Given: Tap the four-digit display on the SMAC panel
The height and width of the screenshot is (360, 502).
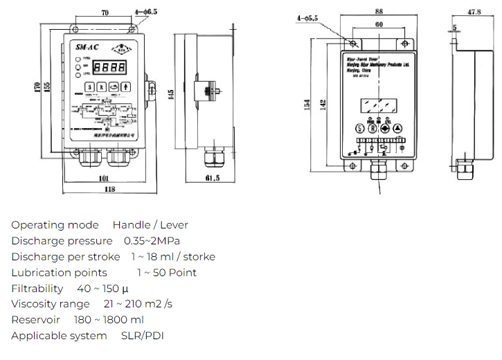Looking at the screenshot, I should (110, 68).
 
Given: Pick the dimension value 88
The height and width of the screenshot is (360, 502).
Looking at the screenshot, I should (379, 10).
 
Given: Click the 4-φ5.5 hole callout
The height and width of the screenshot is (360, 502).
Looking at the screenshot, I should (307, 18).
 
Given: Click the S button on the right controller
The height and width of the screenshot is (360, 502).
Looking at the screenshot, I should (359, 127).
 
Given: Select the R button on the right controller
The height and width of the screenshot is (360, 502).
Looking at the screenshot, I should (372, 127).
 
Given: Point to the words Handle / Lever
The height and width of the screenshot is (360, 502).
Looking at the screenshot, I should (150, 225).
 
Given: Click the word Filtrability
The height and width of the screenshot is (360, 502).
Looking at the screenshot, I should (37, 289).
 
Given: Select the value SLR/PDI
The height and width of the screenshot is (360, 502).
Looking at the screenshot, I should (141, 336).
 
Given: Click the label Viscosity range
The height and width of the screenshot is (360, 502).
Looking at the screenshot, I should (51, 304).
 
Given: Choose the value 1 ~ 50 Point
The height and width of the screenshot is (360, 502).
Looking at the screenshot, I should (166, 273).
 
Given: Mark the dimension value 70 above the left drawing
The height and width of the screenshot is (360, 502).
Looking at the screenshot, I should (105, 12).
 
